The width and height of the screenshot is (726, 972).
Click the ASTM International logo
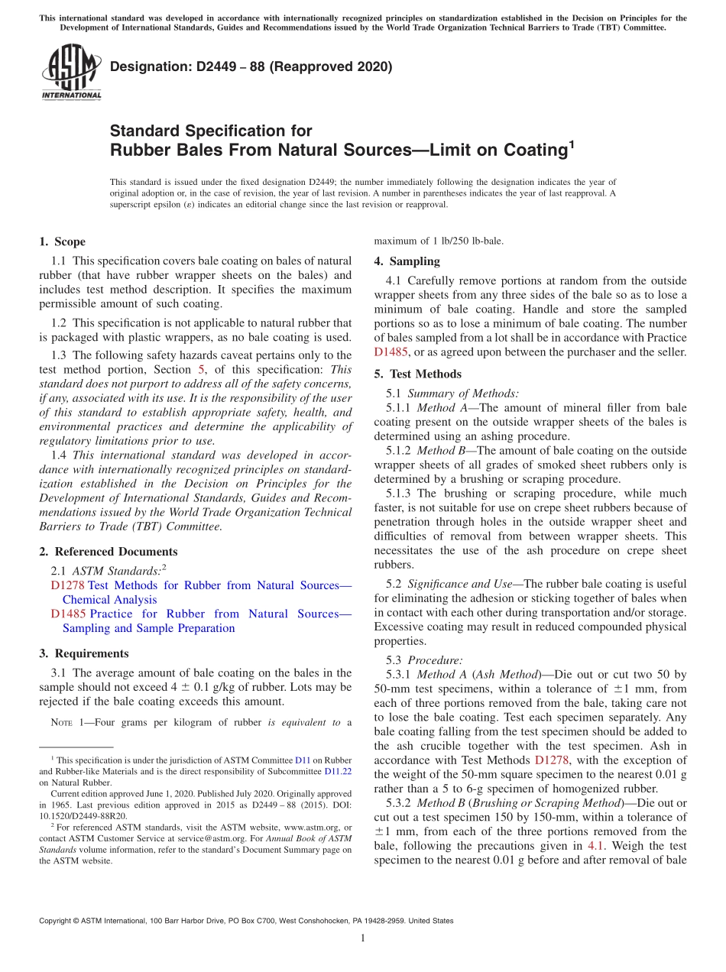[71, 73]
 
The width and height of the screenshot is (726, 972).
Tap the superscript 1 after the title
[571, 142]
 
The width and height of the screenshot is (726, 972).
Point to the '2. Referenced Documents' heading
[108, 552]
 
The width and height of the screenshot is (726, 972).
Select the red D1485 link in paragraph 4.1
[391, 352]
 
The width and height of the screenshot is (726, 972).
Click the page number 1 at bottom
[363, 938]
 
